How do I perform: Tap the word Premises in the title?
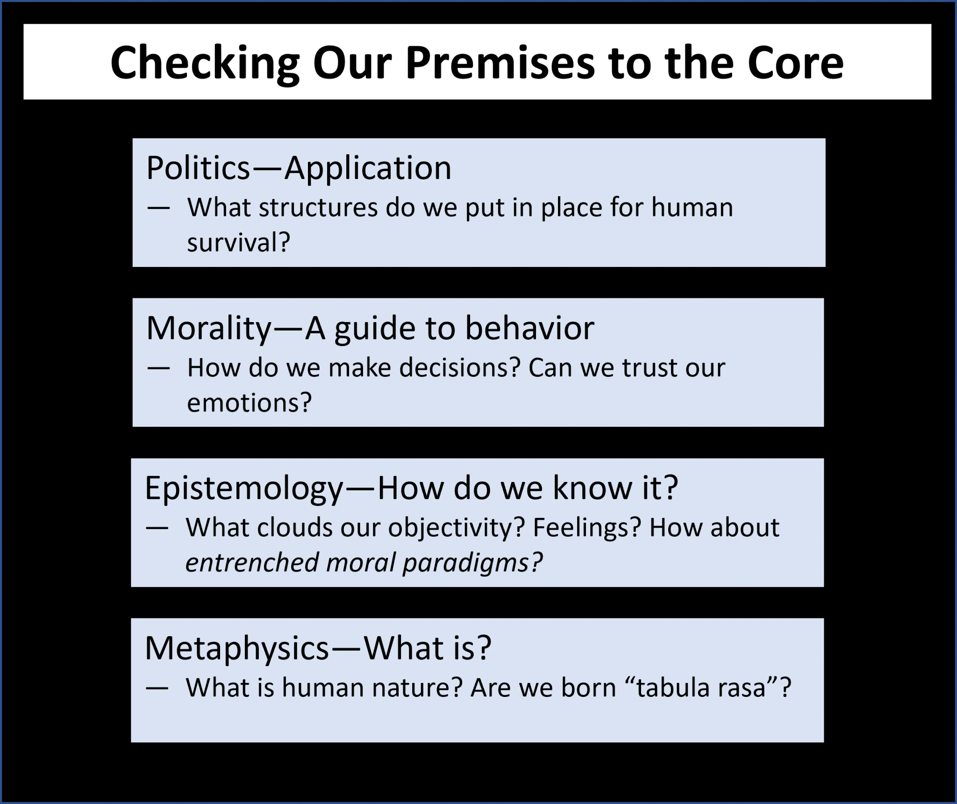pos(500,63)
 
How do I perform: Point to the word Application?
pos(368,168)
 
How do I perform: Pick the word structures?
pos(318,208)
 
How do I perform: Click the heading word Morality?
pos(208,328)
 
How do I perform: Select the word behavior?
pos(529,328)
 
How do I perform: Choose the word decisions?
pos(460,368)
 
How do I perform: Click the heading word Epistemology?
pos(244,489)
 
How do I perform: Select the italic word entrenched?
pos(252,562)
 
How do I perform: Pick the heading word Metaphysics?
pos(237,648)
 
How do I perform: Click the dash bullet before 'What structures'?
pos(158,208)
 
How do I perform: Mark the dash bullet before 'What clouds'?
pos(157,528)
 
